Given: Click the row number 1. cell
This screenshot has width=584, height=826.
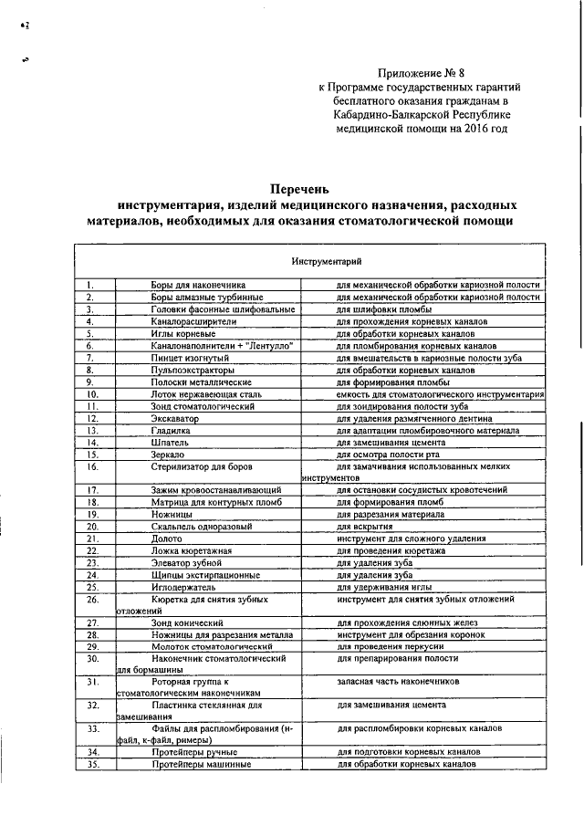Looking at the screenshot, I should click(91, 286).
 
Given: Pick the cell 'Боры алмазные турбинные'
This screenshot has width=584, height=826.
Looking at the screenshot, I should click(207, 298).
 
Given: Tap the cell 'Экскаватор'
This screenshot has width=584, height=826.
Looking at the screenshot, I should click(176, 417).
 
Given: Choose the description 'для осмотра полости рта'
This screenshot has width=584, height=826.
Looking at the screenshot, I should click(389, 454).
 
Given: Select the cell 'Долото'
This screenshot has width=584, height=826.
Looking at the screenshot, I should click(166, 538).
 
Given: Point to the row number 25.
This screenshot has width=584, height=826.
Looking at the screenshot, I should click(91, 587).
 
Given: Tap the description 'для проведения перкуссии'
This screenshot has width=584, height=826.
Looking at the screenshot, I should click(391, 646).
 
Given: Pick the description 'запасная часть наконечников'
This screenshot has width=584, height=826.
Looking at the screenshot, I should click(398, 682).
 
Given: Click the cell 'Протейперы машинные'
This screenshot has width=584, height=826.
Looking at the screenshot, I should click(201, 763).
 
